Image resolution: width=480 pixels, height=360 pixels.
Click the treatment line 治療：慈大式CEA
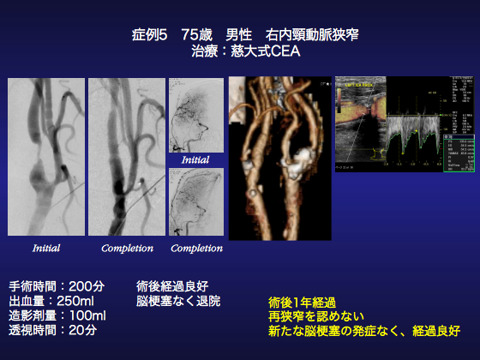point(239,52)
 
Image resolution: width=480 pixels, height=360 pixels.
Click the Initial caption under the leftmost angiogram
point(46,249)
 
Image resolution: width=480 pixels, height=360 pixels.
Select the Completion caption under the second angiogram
point(127,249)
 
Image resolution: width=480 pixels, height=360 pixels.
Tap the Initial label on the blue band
point(195,159)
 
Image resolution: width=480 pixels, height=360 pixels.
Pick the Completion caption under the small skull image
point(196,249)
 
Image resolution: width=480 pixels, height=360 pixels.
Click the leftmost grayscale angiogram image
point(46,157)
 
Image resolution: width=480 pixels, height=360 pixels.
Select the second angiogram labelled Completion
point(127,157)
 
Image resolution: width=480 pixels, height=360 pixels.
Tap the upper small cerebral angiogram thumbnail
point(195,116)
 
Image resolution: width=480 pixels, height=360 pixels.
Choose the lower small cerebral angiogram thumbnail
point(195,202)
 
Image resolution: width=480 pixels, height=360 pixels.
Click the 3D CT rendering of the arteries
point(279,159)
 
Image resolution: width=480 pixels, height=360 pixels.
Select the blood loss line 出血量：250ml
point(52,301)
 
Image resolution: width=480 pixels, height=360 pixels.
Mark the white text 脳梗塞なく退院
point(178,301)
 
